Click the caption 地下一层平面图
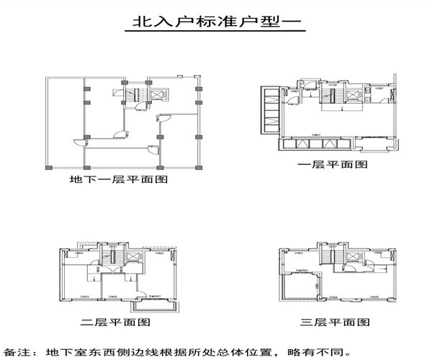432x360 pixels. [x=119, y=179]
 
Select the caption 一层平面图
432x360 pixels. [x=333, y=164]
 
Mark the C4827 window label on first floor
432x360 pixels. [x=316, y=134]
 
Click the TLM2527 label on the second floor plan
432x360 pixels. [x=153, y=296]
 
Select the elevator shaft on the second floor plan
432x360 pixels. [x=133, y=258]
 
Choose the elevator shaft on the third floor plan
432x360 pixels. [x=353, y=257]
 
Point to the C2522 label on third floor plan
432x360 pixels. [x=374, y=296]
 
